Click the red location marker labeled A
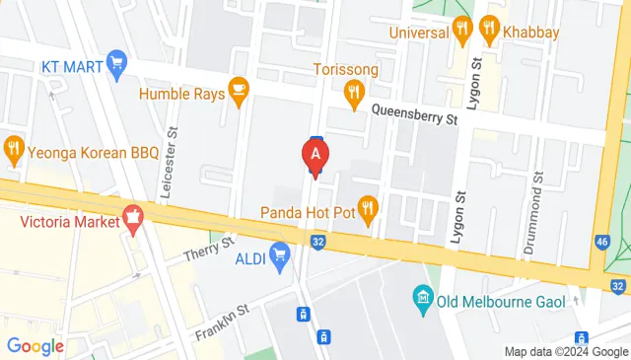(315, 155)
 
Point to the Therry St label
(209, 249)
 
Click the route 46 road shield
(603, 242)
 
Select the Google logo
(35, 346)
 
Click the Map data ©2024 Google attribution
(566, 352)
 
